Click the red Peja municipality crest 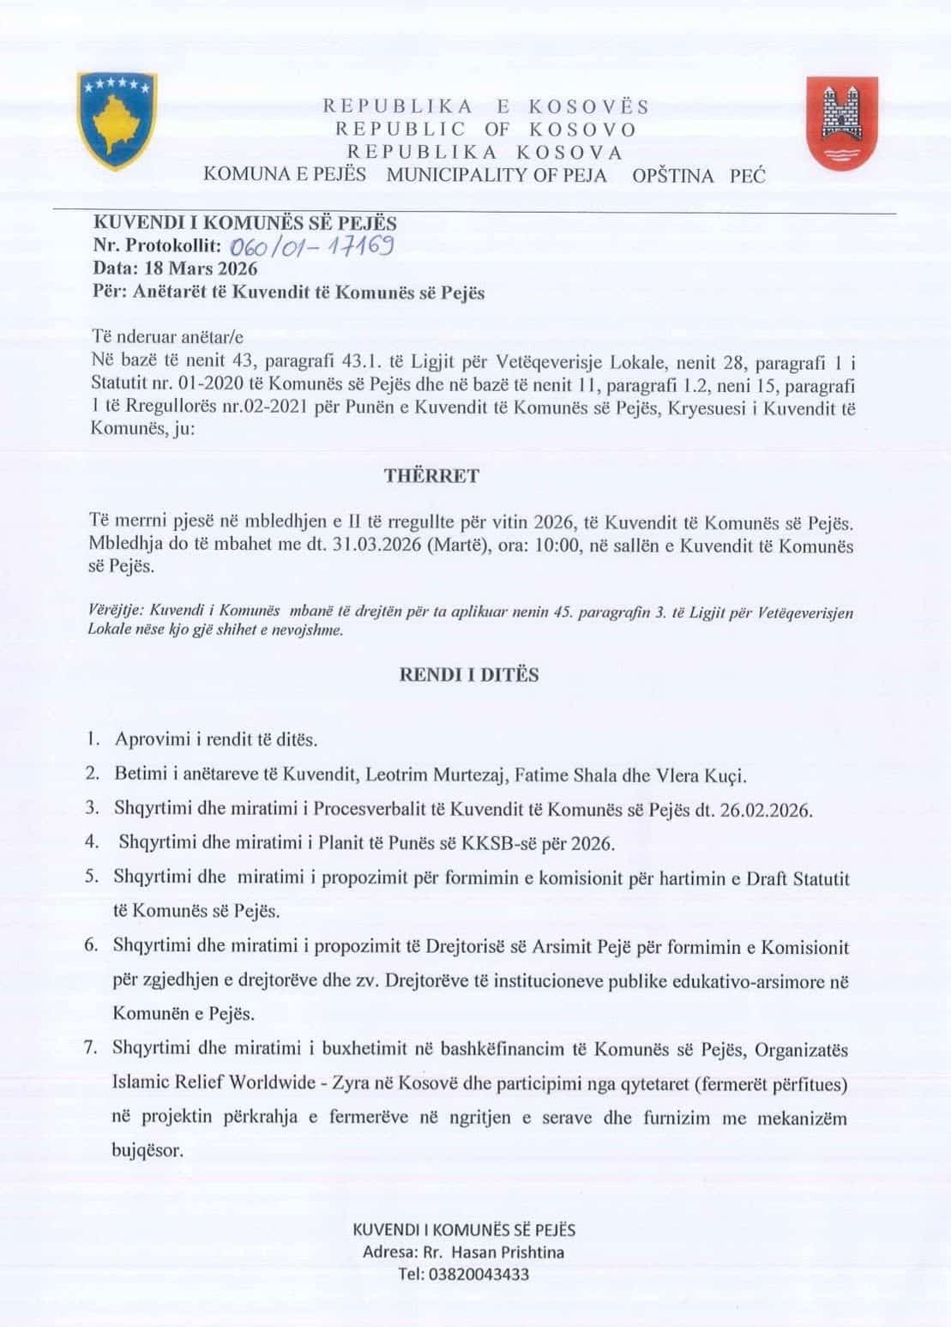(x=841, y=121)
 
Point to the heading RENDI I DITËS (x=469, y=674)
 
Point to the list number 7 (x=91, y=1048)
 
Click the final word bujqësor (x=147, y=1150)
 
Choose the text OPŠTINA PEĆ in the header (x=698, y=176)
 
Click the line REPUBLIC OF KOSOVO (x=485, y=130)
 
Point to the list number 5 (x=91, y=878)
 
